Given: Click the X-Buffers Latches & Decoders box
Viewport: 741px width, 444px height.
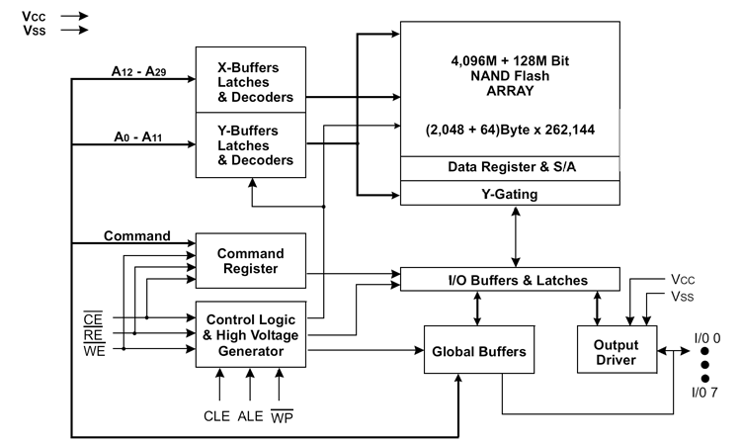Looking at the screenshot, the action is click(x=251, y=79).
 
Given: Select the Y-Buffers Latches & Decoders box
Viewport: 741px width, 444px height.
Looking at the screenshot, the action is click(x=251, y=145).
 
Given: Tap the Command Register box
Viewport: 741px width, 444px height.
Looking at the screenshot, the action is click(x=251, y=260).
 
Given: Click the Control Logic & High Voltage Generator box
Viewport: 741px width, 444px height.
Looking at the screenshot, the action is click(x=251, y=334).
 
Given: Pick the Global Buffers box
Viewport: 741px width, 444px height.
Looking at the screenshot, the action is click(x=479, y=349).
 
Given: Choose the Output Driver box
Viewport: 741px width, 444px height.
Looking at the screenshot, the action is click(x=617, y=349).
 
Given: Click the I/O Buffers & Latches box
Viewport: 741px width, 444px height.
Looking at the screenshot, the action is click(x=510, y=279).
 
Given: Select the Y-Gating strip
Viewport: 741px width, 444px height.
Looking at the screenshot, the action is click(x=510, y=193).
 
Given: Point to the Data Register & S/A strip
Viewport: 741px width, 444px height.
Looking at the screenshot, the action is click(x=510, y=168).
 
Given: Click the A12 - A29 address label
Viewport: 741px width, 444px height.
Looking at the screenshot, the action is click(x=138, y=71).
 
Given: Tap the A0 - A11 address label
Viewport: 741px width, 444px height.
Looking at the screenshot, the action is click(x=138, y=137).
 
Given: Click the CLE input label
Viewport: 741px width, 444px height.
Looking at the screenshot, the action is click(x=216, y=416).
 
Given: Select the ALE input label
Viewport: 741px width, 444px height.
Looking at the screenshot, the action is click(x=250, y=416).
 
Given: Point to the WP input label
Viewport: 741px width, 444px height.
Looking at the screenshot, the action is click(x=283, y=416).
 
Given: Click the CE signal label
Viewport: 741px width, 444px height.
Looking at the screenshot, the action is click(x=93, y=319).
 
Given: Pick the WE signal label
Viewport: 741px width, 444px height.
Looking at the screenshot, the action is click(x=94, y=350).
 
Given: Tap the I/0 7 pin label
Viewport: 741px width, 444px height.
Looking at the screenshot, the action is click(x=704, y=392).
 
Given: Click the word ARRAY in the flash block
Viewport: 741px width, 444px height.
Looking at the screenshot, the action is click(x=510, y=91).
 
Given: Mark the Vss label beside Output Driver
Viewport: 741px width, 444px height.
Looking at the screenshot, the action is click(x=683, y=297).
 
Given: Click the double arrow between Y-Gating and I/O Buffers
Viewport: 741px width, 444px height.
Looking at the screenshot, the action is click(x=516, y=236).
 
